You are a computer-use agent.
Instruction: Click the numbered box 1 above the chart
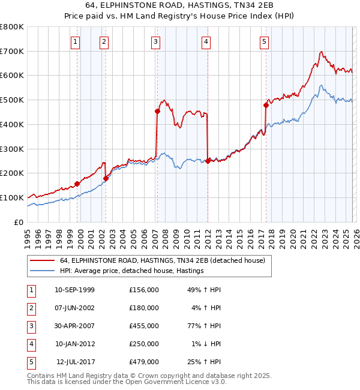click(x=75, y=41)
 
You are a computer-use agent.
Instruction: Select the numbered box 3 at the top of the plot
click(x=155, y=41)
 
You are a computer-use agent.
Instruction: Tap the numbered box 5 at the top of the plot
click(x=264, y=41)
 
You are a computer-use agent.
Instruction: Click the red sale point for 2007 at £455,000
click(x=157, y=111)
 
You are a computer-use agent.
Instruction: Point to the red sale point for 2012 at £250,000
click(x=208, y=161)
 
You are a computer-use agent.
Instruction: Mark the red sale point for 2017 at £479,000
click(x=266, y=105)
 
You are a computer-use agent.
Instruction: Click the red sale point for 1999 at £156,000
click(x=77, y=184)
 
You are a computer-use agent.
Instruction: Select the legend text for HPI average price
click(x=132, y=271)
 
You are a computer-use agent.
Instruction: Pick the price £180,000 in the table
click(x=143, y=308)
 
